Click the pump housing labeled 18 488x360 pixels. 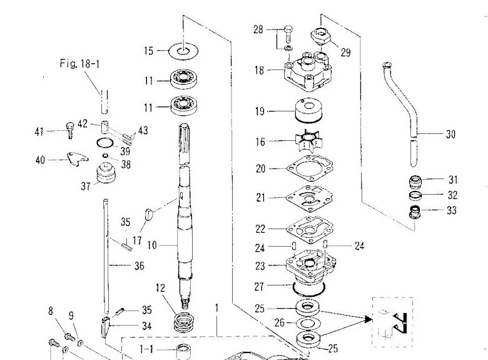(309, 73)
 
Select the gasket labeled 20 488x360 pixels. (309, 168)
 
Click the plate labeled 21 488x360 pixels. (309, 197)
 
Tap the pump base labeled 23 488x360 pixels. (309, 265)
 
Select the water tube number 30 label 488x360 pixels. (450, 134)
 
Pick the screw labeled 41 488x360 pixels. (69, 130)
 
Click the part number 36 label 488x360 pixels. (139, 266)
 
